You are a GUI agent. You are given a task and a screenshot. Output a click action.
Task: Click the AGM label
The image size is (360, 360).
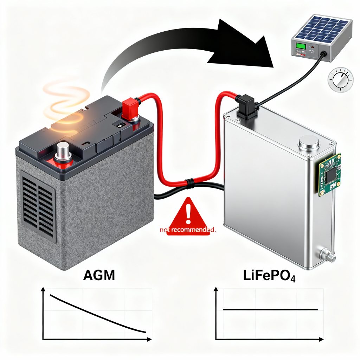click(x=99, y=275)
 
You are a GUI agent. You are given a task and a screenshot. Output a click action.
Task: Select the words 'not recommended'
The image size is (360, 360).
click(x=187, y=230)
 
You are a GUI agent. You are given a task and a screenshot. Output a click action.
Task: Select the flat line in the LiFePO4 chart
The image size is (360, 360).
click(x=271, y=309)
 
